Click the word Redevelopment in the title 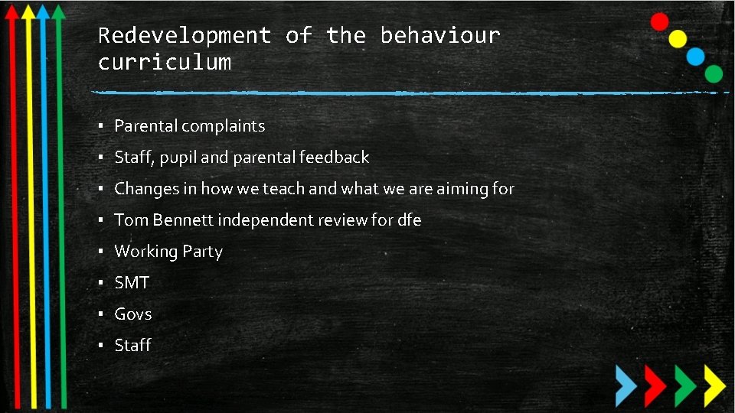(x=185, y=36)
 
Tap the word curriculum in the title (x=165, y=62)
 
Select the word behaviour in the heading (x=440, y=36)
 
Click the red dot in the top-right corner (x=659, y=21)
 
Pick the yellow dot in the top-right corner (x=678, y=39)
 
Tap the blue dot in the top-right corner (x=695, y=56)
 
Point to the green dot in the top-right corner (x=714, y=74)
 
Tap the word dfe (x=409, y=220)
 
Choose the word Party (x=202, y=252)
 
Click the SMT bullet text (x=132, y=283)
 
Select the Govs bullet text (x=133, y=314)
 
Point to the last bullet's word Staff (x=132, y=346)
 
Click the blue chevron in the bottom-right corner (x=627, y=384)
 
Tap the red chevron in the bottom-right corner (x=655, y=384)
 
